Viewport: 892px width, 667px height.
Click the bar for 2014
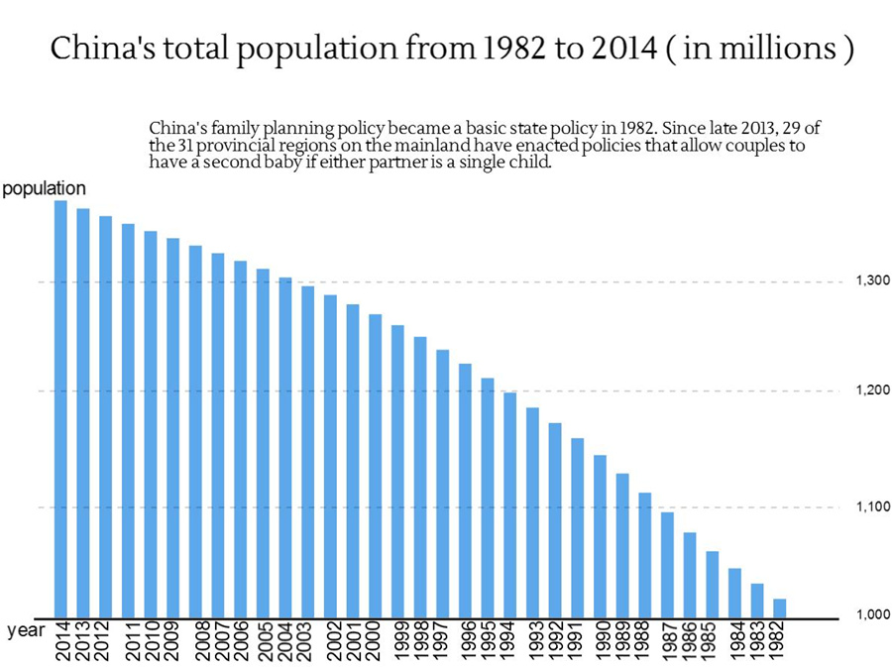pyautogui.click(x=60, y=407)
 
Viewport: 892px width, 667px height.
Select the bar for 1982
pyautogui.click(x=779, y=607)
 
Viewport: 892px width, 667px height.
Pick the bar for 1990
pyautogui.click(x=600, y=534)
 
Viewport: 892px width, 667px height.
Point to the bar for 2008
pyautogui.click(x=195, y=430)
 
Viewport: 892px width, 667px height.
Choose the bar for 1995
pyautogui.click(x=488, y=496)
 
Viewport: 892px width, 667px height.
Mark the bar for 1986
pyautogui.click(x=690, y=573)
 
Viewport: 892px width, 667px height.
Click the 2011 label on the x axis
pyautogui.click(x=128, y=641)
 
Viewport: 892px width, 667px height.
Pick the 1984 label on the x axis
pyautogui.click(x=734, y=641)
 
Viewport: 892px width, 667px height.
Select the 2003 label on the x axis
pyautogui.click(x=308, y=641)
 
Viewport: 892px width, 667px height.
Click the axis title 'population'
pyautogui.click(x=44, y=188)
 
